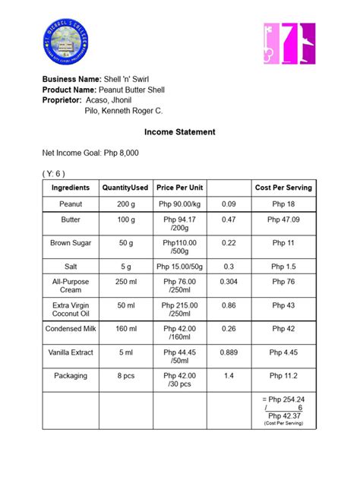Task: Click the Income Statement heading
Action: coord(180,132)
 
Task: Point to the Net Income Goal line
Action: coord(90,153)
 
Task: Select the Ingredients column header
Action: coord(71,188)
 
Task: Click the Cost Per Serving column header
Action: coord(283,188)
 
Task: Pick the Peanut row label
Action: coord(71,204)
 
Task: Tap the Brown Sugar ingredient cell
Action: coord(71,243)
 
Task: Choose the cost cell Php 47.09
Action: coord(283,219)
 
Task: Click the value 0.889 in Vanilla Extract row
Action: coord(229,352)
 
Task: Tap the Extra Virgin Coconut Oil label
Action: coord(71,309)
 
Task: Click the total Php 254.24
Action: coord(283,399)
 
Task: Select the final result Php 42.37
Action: coord(283,415)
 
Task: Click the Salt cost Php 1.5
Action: coord(283,267)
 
